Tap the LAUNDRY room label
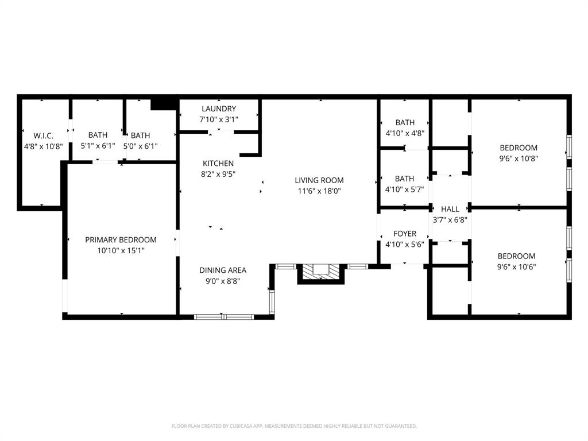point(218,109)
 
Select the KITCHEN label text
point(218,163)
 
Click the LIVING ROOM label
point(319,180)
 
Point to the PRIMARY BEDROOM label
point(121,239)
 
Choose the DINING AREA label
point(223,270)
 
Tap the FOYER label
point(404,234)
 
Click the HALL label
point(450,209)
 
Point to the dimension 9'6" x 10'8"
point(518,158)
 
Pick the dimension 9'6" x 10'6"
point(516,267)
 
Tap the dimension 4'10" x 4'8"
point(404,133)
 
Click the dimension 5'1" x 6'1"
point(98,146)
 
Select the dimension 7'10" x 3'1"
point(218,119)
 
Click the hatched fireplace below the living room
point(320,272)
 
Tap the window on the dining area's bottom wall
point(224,316)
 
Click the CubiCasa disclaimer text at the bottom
point(294,426)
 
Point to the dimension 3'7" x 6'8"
point(450,220)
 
